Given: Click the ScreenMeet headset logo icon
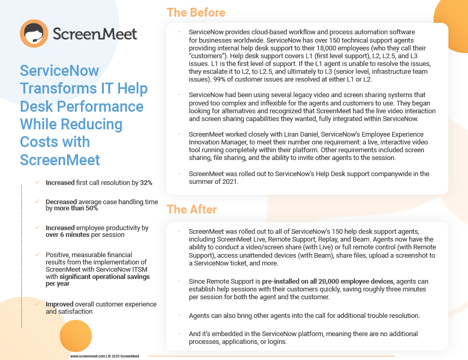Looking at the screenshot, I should point(34,34).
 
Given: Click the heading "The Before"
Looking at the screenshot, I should point(196,13).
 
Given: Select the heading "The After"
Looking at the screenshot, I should point(192,209).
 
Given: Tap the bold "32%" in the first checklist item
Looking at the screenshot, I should point(146,183).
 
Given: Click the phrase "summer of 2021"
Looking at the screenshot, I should point(213,181).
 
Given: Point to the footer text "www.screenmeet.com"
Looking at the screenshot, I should point(88,356).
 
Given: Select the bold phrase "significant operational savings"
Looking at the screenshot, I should point(105,277).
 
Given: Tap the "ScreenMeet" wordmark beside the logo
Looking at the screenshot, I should point(95,34).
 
